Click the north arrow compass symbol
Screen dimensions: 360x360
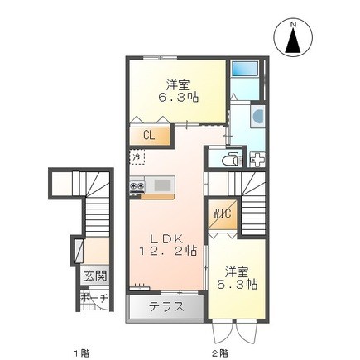coord(293,39)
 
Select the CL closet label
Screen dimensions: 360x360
coord(149,134)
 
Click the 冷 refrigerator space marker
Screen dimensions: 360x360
coord(136,156)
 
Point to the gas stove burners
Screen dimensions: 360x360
coord(137,187)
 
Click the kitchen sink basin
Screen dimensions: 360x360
coord(160,183)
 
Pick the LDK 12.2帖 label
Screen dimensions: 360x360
coord(169,243)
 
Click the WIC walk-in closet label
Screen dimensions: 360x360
coord(223,214)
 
